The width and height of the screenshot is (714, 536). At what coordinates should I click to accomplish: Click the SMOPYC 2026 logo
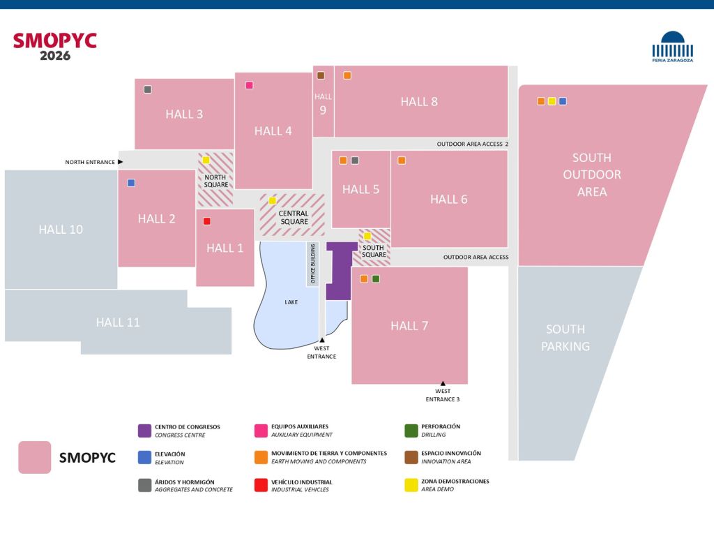[54, 47]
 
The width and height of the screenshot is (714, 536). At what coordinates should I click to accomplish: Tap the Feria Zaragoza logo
[673, 47]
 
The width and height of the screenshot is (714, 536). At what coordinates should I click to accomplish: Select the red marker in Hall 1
[206, 221]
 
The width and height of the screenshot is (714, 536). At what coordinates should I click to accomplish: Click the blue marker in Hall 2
[131, 183]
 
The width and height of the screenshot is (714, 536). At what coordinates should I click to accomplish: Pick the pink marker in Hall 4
[249, 85]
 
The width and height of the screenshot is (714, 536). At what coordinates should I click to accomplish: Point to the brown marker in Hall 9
[321, 75]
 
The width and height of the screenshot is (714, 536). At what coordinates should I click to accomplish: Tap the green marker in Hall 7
[376, 279]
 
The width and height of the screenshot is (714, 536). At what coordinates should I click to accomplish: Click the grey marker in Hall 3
[148, 89]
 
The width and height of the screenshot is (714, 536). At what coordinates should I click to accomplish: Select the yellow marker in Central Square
[273, 200]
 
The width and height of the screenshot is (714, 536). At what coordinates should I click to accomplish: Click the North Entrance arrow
[120, 162]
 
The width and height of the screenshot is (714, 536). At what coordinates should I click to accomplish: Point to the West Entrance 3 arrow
[443, 383]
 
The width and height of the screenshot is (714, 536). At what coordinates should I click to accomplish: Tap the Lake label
[291, 302]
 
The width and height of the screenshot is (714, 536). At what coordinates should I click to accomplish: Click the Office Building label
[312, 264]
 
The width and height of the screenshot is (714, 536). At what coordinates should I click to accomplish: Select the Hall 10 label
[61, 229]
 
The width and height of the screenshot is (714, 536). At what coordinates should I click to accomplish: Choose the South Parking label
[565, 338]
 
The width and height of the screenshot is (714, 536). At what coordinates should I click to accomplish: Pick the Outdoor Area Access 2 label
[472, 144]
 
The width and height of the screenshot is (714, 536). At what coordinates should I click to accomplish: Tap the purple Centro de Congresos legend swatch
[144, 431]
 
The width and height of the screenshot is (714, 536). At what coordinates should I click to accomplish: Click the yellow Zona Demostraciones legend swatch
[411, 485]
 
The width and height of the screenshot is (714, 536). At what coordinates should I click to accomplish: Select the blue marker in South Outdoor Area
[563, 101]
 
